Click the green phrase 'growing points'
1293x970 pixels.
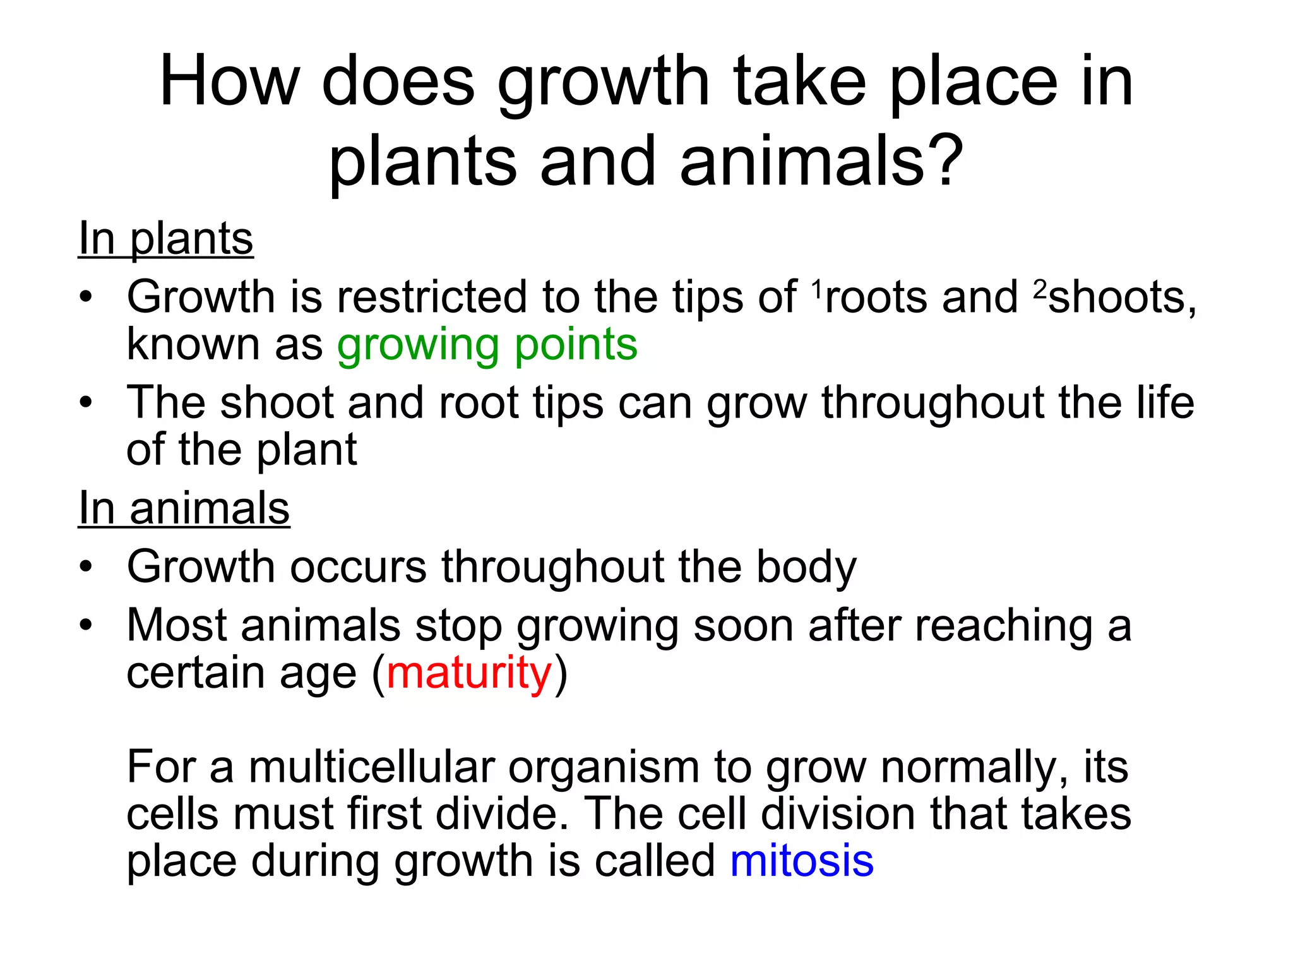[487, 345]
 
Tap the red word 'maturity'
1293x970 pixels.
[469, 673]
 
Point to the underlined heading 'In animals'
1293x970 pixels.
[184, 508]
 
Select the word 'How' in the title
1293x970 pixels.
[229, 82]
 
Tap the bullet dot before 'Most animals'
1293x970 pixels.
[86, 625]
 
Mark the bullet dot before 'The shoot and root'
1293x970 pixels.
[86, 402]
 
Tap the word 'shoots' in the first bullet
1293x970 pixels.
[1117, 297]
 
